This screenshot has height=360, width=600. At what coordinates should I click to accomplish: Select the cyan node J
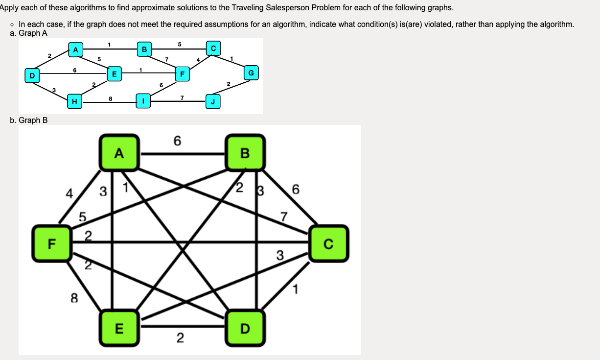213,101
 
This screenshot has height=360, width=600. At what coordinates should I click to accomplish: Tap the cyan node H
74,101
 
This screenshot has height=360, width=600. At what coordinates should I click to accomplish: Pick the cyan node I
143,101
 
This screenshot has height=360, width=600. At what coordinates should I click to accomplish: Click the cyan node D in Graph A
32,76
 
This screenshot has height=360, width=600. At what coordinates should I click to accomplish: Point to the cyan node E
114,74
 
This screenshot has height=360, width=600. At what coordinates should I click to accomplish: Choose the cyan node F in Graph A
182,74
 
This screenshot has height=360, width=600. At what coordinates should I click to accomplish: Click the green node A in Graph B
119,153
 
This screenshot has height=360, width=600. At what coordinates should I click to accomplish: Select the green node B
245,153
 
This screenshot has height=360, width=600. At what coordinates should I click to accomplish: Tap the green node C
328,243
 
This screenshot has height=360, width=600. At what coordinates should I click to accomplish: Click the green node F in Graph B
52,243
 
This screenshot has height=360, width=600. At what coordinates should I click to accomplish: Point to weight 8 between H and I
110,98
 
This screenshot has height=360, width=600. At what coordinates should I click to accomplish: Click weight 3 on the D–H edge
54,89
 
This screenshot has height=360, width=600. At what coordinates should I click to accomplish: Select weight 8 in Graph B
74,298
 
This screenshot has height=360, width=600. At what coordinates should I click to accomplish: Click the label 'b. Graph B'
29,120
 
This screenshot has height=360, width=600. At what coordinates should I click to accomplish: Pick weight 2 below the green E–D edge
180,338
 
